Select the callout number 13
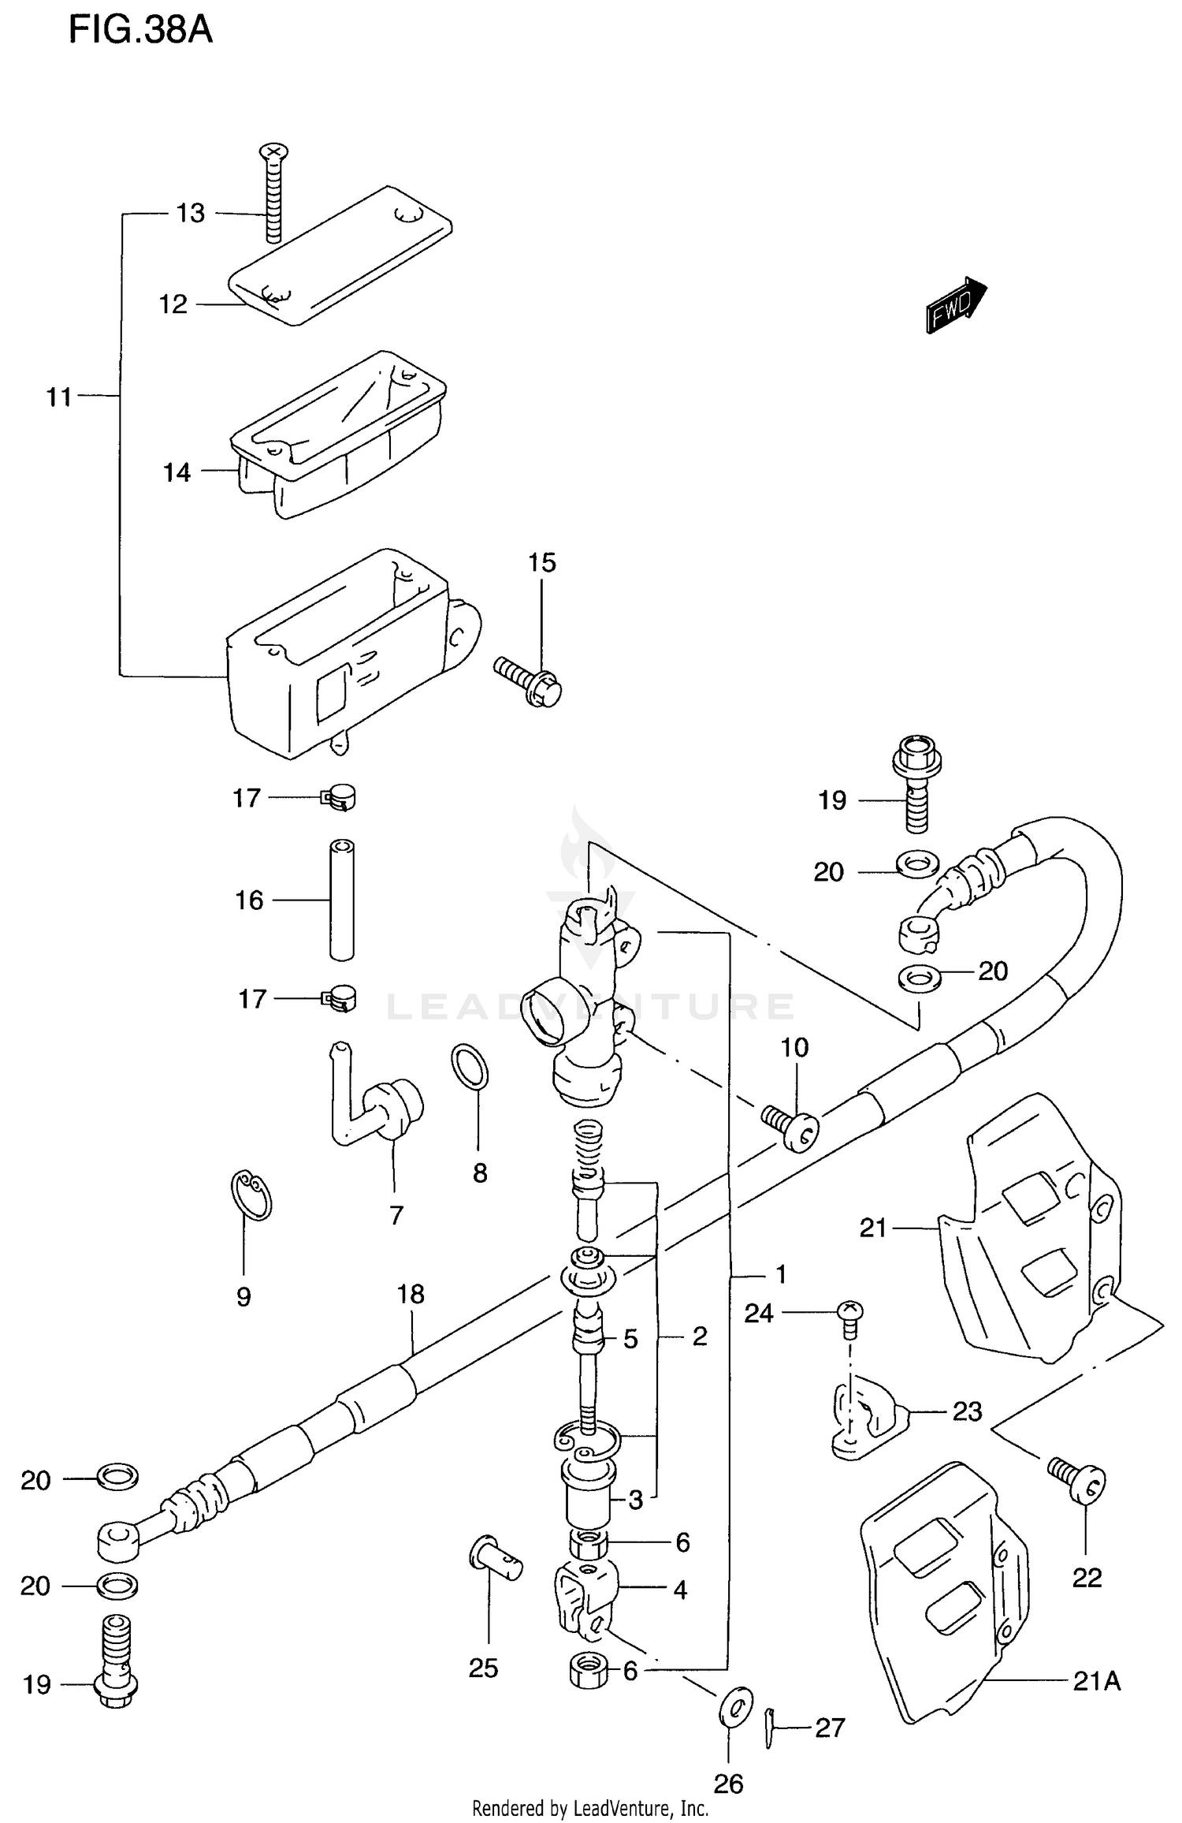pyautogui.click(x=190, y=213)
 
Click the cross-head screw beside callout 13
pyautogui.click(x=273, y=193)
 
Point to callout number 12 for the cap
pyautogui.click(x=173, y=304)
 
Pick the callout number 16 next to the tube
pyautogui.click(x=249, y=900)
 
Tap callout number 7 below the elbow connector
pyautogui.click(x=396, y=1215)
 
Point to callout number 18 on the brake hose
pyautogui.click(x=411, y=1294)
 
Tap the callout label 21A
pyautogui.click(x=1096, y=1681)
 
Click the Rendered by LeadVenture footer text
pyautogui.click(x=590, y=1808)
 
